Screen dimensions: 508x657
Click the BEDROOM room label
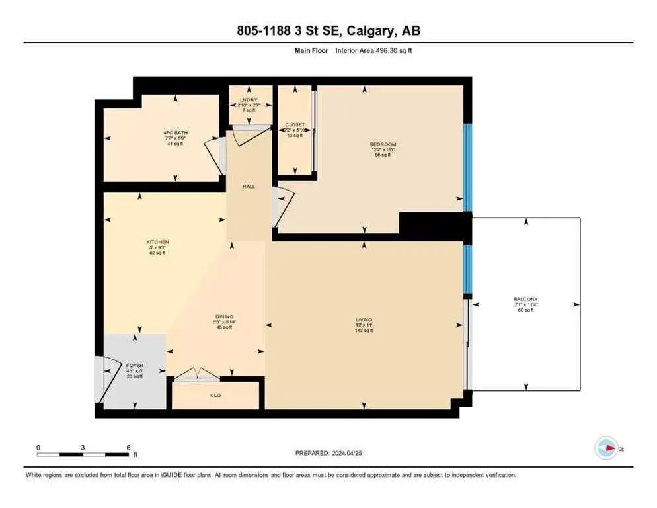click(383, 144)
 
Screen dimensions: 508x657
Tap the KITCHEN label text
click(157, 242)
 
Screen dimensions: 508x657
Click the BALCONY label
click(526, 299)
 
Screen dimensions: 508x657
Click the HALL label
click(249, 187)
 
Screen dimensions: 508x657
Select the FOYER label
click(135, 366)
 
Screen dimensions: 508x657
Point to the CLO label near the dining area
click(215, 395)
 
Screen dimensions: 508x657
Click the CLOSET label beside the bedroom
click(295, 125)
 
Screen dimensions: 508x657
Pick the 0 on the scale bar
click(38, 447)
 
